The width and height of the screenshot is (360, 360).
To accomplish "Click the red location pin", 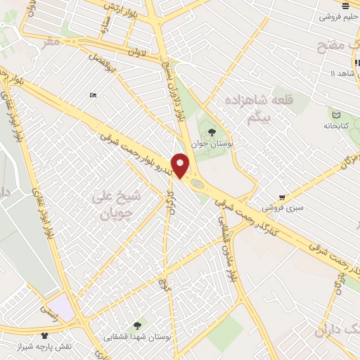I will pyautogui.click(x=181, y=165).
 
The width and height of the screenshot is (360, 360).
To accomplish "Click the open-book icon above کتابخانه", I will pyautogui.click(x=336, y=115).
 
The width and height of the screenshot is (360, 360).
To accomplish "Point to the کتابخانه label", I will pyautogui.click(x=337, y=127).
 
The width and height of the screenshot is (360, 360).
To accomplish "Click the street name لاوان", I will pyautogui.click(x=138, y=52).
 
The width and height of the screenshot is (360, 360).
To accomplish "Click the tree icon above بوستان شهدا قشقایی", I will pyautogui.click(x=136, y=325).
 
